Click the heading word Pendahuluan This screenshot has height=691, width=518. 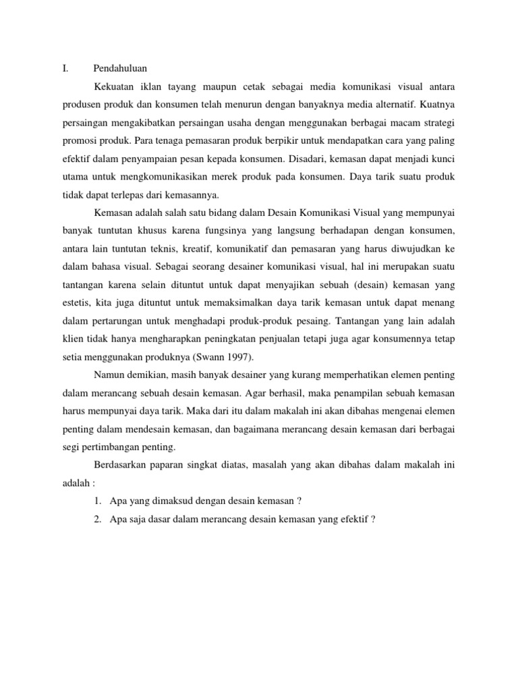tap(120, 69)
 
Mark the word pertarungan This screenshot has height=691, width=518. tap(121, 318)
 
